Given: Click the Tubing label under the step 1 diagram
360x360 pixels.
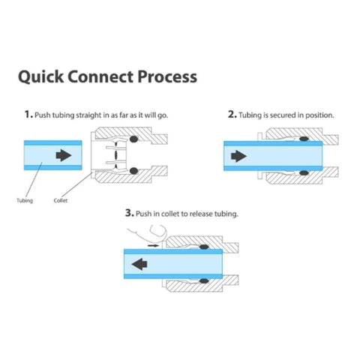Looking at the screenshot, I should [24, 200].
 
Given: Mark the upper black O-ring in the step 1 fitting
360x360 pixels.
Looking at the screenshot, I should [133, 139].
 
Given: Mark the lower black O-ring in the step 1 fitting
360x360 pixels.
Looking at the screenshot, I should [133, 172].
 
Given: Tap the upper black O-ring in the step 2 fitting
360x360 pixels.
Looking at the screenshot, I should [303, 139].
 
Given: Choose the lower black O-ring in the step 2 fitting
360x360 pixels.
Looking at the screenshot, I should [303, 172].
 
